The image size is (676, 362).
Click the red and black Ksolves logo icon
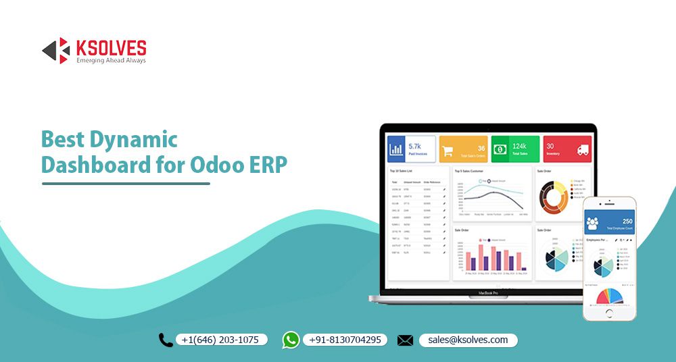point(56,51)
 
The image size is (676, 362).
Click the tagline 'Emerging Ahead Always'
point(110,60)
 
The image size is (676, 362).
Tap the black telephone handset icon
point(166,340)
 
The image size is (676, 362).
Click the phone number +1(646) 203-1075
point(220,340)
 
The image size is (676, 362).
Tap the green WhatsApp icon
point(291,340)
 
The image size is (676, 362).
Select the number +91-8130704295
point(345,340)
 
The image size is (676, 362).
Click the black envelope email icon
point(405,340)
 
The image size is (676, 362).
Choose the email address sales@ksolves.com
point(468,340)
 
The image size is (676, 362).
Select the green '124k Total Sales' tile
point(515,149)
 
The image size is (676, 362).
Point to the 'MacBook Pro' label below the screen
point(488,293)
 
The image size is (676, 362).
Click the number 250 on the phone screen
point(626,221)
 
